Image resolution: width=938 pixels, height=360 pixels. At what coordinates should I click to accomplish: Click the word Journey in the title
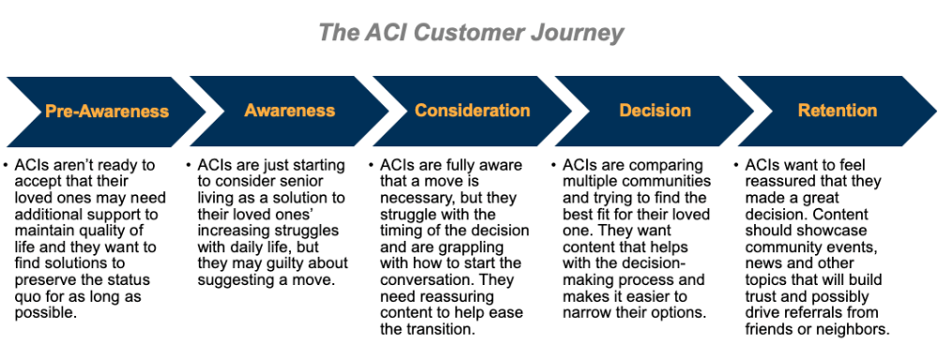(577, 33)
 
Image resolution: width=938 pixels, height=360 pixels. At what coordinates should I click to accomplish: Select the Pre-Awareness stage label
(107, 112)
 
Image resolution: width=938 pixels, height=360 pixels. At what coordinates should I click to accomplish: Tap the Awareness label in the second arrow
(290, 111)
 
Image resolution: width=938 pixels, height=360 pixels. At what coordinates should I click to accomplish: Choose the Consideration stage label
(472, 111)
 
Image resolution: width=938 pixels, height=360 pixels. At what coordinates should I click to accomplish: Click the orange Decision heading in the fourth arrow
(654, 111)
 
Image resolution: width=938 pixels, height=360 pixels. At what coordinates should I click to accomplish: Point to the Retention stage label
(837, 111)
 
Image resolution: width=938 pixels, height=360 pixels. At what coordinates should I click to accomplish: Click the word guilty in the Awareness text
(284, 263)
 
